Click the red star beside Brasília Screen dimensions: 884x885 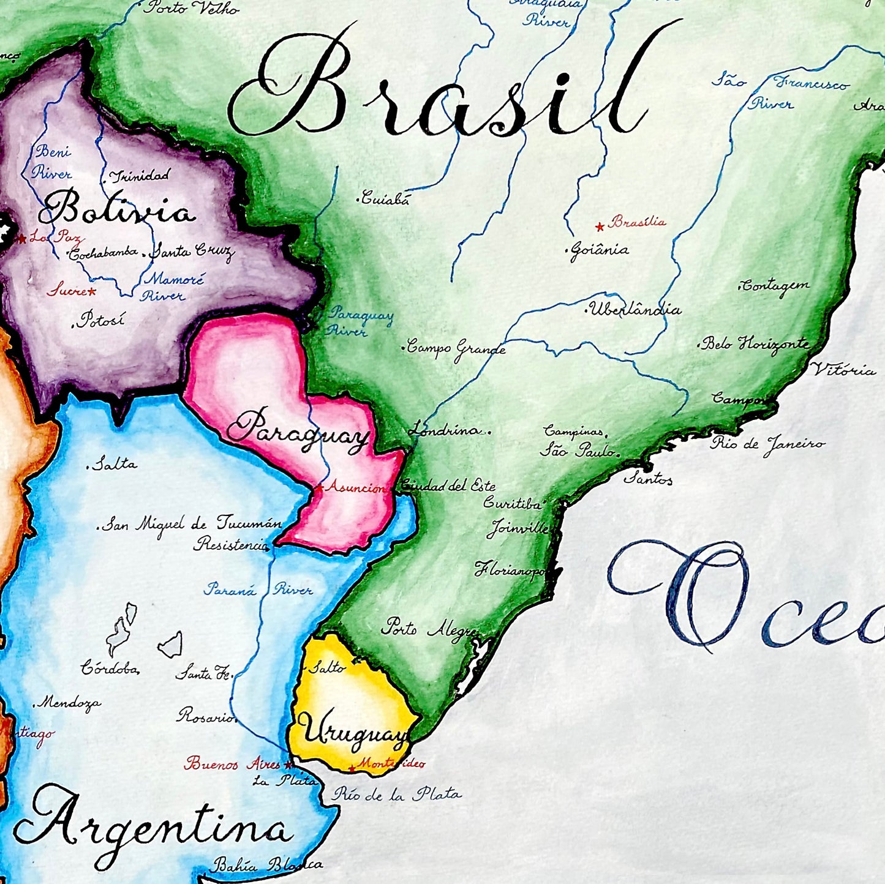[600, 227]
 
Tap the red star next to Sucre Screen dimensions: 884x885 [92, 292]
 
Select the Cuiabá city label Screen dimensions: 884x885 [385, 198]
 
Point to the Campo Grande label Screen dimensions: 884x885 [456, 349]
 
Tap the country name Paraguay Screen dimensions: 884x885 [298, 431]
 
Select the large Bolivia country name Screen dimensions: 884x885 [116, 210]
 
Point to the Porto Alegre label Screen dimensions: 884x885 [429, 629]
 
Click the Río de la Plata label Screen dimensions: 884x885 [397, 795]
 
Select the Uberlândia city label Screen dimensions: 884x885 [635, 310]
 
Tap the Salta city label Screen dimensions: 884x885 [115, 464]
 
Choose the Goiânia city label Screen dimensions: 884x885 [599, 250]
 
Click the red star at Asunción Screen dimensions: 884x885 [319, 488]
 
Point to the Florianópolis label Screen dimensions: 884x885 [510, 570]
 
